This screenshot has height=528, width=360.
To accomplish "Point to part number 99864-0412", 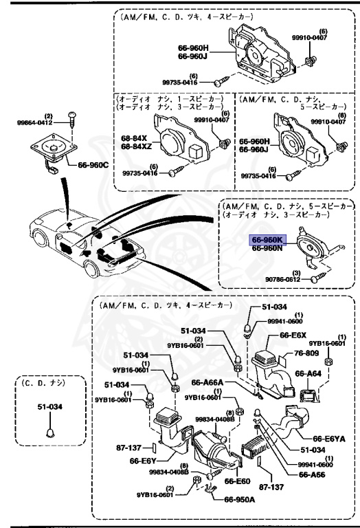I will pos(34,122).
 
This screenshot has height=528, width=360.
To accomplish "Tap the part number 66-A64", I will pos(308,373).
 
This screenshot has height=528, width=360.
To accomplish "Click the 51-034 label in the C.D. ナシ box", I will pos(49,407).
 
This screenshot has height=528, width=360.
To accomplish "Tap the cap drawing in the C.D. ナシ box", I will pos(49,432).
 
